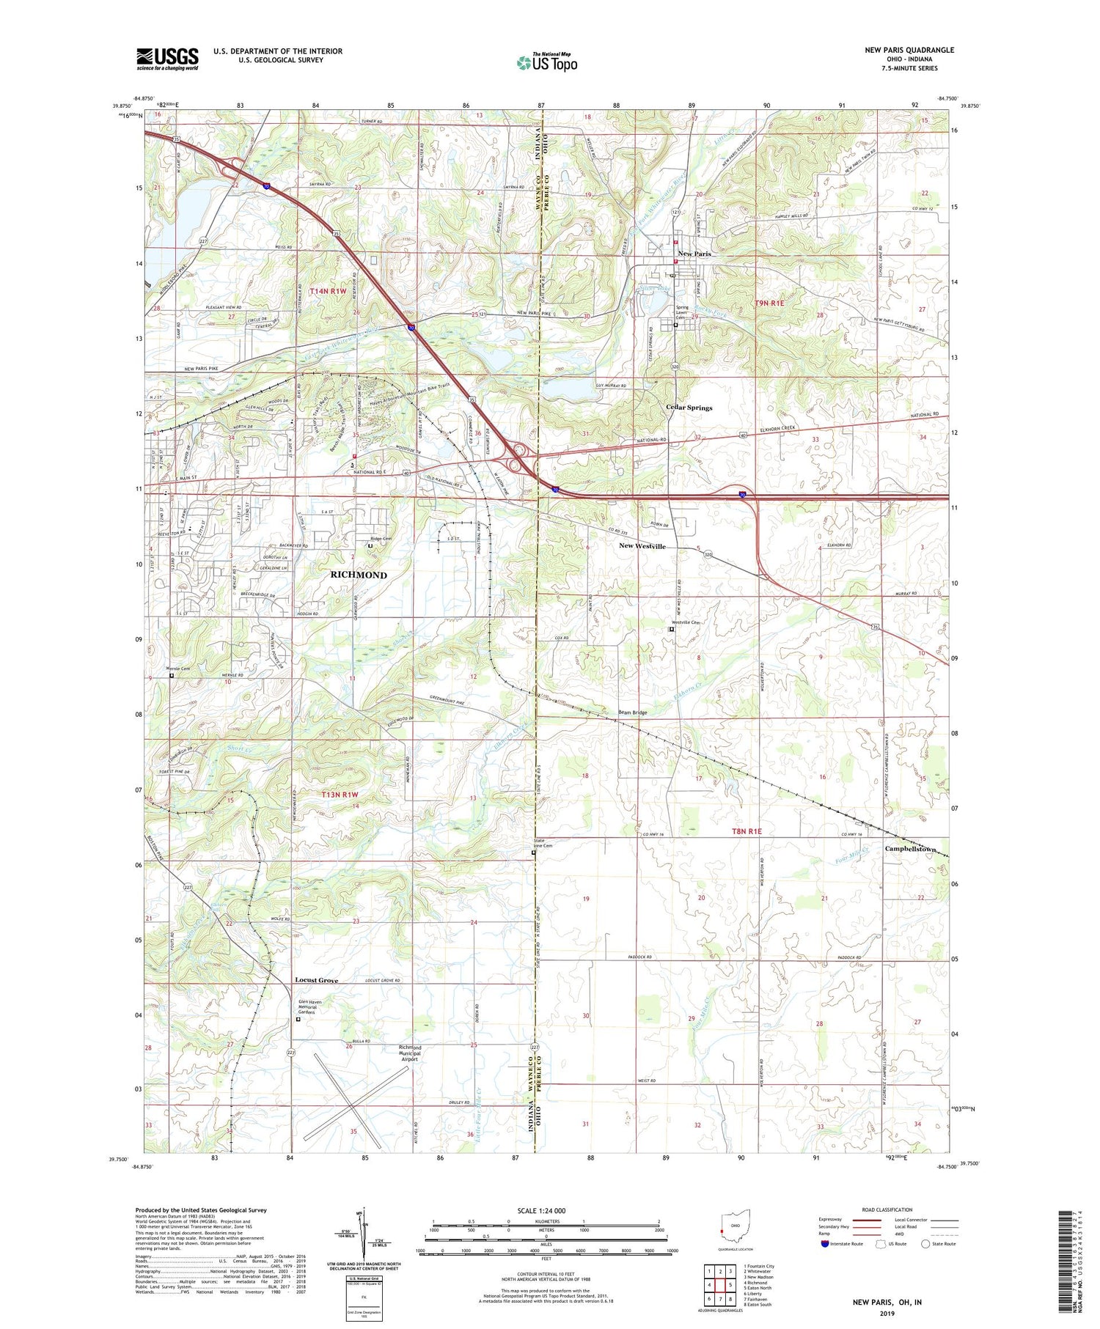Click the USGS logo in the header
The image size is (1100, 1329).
click(167, 58)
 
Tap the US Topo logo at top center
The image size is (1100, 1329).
click(546, 62)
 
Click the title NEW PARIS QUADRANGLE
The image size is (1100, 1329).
click(909, 50)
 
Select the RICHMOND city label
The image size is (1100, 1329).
click(359, 575)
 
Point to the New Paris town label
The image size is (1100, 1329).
click(694, 254)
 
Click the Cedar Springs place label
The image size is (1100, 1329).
click(689, 408)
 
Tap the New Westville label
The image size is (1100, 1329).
click(642, 546)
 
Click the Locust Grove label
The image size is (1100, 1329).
click(316, 980)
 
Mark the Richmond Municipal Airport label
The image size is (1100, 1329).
click(409, 1053)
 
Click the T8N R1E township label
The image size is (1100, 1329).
click(747, 831)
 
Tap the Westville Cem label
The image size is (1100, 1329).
click(686, 622)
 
